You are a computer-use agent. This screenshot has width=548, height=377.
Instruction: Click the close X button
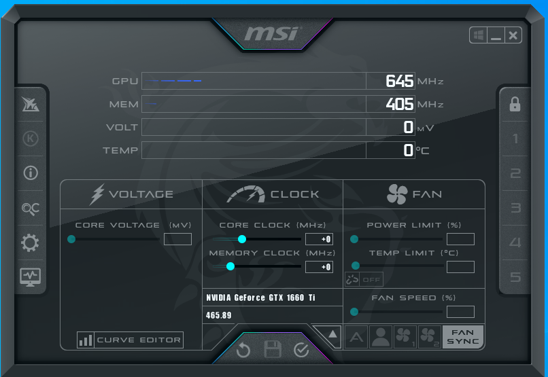pyautogui.click(x=513, y=35)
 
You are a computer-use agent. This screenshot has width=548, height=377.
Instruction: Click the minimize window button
pyautogui.click(x=496, y=35)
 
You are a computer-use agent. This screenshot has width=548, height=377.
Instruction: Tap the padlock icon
pyautogui.click(x=515, y=104)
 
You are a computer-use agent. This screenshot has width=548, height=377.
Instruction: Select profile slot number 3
pyautogui.click(x=515, y=208)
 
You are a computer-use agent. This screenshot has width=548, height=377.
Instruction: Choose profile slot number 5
pyautogui.click(x=515, y=277)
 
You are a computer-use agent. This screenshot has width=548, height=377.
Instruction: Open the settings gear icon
pyautogui.click(x=30, y=243)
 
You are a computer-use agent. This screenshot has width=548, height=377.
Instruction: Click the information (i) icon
pyautogui.click(x=31, y=173)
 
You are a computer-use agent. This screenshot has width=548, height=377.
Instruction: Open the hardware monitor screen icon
pyautogui.click(x=31, y=278)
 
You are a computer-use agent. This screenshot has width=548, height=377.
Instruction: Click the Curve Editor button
pyautogui.click(x=130, y=340)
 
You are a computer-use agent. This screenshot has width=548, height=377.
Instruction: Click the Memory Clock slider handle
pyautogui.click(x=230, y=266)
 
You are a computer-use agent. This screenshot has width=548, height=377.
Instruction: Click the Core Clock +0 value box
pyautogui.click(x=319, y=239)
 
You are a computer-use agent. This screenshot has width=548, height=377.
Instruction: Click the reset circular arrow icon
pyautogui.click(x=243, y=350)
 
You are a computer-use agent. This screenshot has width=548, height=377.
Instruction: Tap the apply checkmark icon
pyautogui.click(x=301, y=350)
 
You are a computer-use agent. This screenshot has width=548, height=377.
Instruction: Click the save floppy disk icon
pyautogui.click(x=273, y=349)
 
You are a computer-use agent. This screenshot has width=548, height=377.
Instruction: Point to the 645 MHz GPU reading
pyautogui.click(x=400, y=81)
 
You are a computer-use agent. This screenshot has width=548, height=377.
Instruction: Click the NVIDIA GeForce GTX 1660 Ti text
pyautogui.click(x=260, y=298)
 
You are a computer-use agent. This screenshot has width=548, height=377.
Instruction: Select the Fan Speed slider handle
pyautogui.click(x=354, y=312)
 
